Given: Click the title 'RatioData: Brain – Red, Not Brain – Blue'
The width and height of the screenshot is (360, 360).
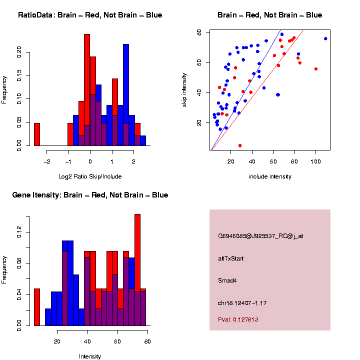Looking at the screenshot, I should point(90,15).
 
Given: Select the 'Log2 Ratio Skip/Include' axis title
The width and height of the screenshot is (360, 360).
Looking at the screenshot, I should point(90,176).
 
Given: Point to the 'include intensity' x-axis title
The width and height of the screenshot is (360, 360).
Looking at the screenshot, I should point(270,176).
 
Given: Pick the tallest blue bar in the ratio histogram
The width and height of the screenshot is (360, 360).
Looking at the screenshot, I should point(126,95).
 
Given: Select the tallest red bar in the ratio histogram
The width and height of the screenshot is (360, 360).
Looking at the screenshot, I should point(87,90).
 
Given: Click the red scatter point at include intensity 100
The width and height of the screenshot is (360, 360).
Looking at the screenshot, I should point(315,69).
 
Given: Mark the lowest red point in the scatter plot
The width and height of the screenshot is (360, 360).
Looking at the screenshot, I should point(240,145).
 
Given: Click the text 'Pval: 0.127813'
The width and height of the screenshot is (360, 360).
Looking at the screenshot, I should point(238,319).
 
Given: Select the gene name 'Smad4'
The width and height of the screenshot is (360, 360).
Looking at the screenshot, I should point(227,280).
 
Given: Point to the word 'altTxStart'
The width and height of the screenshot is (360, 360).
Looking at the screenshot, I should point(230,258).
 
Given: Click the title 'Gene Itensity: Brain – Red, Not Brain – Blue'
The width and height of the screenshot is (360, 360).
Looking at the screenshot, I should point(90,195).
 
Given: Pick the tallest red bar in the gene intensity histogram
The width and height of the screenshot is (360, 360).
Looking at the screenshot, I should point(137,270).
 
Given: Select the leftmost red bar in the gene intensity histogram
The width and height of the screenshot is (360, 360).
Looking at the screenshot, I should point(36,307).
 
